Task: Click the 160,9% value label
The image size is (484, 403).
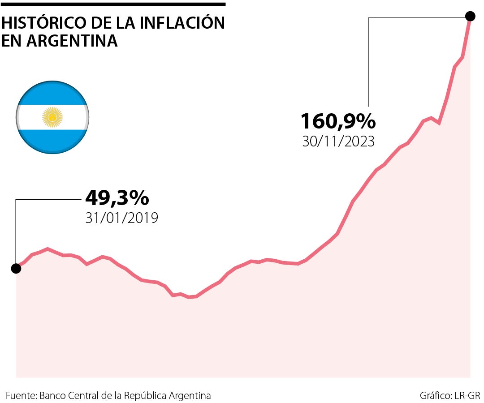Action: [338, 121]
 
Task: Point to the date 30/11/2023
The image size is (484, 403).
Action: [338, 141]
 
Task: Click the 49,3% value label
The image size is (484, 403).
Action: [117, 197]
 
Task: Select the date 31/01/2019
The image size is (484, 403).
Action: [121, 218]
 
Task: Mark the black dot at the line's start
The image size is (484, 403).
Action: [16, 268]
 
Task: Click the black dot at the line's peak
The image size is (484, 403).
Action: [470, 17]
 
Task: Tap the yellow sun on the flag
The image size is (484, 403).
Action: [52, 117]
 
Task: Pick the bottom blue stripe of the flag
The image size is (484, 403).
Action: [52, 141]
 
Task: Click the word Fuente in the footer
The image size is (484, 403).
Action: [21, 396]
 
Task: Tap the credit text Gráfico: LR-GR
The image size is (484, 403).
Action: [449, 396]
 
